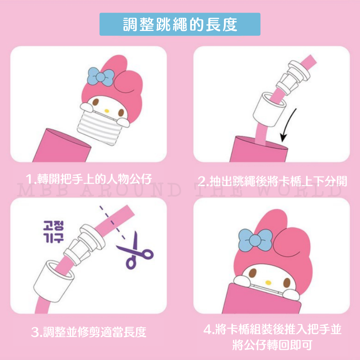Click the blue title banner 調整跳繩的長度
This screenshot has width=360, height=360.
[180, 24]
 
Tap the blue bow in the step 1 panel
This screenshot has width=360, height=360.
[100, 77]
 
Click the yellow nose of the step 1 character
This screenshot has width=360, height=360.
[107, 111]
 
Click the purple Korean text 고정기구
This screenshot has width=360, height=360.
[53, 231]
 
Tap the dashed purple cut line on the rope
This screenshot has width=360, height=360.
[112, 223]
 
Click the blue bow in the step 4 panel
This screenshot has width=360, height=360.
[255, 240]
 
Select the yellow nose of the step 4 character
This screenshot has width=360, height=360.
[268, 282]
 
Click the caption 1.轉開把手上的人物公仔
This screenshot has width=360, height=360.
[89, 179]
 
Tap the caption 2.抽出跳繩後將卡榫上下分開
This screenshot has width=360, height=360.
[272, 181]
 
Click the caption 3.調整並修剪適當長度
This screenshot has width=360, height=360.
[89, 332]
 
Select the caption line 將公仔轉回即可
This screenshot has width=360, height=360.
[272, 345]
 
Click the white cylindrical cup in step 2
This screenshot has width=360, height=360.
[269, 109]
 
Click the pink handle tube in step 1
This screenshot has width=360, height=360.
[62, 145]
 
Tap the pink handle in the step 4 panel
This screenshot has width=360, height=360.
[262, 298]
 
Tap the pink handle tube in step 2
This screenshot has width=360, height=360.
[259, 149]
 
